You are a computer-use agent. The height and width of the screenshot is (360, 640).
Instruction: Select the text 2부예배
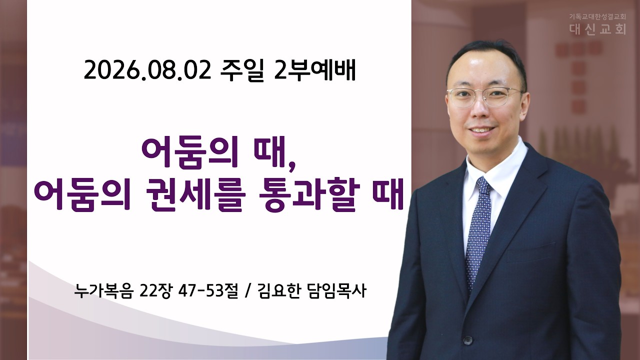coord(314,71)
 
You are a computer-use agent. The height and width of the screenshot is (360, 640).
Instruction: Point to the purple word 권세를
coord(197,195)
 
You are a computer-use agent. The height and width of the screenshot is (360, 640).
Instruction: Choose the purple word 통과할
coord(307,195)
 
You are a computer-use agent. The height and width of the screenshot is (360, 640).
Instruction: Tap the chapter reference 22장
coord(155,291)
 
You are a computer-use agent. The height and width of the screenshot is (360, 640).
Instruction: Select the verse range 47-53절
coord(208,291)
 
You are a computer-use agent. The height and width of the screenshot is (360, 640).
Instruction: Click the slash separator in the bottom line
coord(247,291)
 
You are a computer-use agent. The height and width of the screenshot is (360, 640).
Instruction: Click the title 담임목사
coord(337,291)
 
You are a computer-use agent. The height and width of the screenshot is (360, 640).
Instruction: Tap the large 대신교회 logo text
coord(597,29)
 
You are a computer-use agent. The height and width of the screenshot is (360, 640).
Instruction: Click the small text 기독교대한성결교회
coord(597,16)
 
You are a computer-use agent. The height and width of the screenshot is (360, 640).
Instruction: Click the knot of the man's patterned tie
coord(483,186)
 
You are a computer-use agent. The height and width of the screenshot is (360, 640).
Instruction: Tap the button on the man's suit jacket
coord(467,340)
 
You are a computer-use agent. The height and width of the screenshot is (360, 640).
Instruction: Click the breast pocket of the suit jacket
coord(531,252)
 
